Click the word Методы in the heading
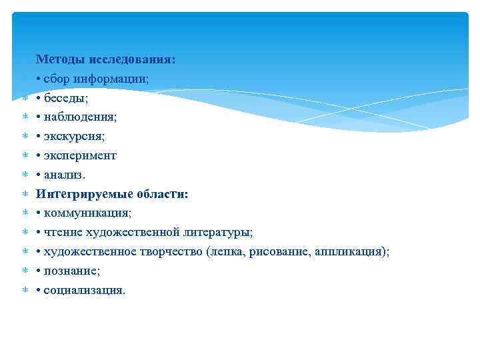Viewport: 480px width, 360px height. click(x=57, y=59)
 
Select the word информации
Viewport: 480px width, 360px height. click(x=110, y=79)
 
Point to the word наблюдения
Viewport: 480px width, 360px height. click(x=79, y=117)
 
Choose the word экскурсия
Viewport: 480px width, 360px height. click(x=74, y=136)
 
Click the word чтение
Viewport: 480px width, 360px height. click(x=61, y=233)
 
